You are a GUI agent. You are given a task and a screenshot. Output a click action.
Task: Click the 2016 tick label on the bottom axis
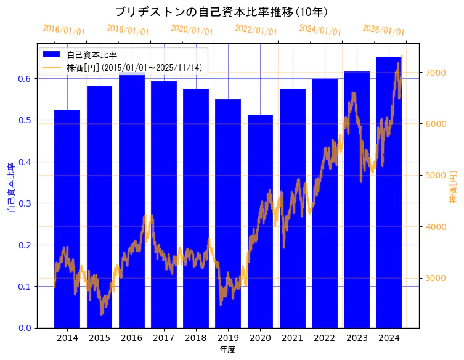[131, 338]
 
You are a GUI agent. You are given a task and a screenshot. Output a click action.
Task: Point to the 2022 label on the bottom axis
[324, 338]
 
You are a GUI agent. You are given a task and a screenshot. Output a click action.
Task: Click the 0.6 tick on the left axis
[24, 79]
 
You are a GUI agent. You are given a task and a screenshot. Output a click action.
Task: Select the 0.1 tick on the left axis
[24, 287]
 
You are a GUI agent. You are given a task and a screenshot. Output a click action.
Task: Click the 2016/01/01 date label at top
[63, 30]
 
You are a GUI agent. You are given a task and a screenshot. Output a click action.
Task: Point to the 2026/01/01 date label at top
[383, 30]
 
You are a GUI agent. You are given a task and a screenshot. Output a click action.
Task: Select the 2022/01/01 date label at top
[256, 30]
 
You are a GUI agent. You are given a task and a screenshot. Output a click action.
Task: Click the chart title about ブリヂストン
[221, 12]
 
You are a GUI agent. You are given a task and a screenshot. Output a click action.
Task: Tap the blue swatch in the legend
[51, 54]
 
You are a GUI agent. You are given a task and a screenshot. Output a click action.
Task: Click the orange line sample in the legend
[51, 67]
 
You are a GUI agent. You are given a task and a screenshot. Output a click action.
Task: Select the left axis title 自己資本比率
[11, 187]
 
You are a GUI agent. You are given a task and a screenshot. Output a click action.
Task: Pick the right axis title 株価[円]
[453, 187]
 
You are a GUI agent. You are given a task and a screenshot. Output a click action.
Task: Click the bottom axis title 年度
[227, 350]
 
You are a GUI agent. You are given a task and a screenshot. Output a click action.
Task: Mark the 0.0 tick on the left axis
[24, 328]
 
